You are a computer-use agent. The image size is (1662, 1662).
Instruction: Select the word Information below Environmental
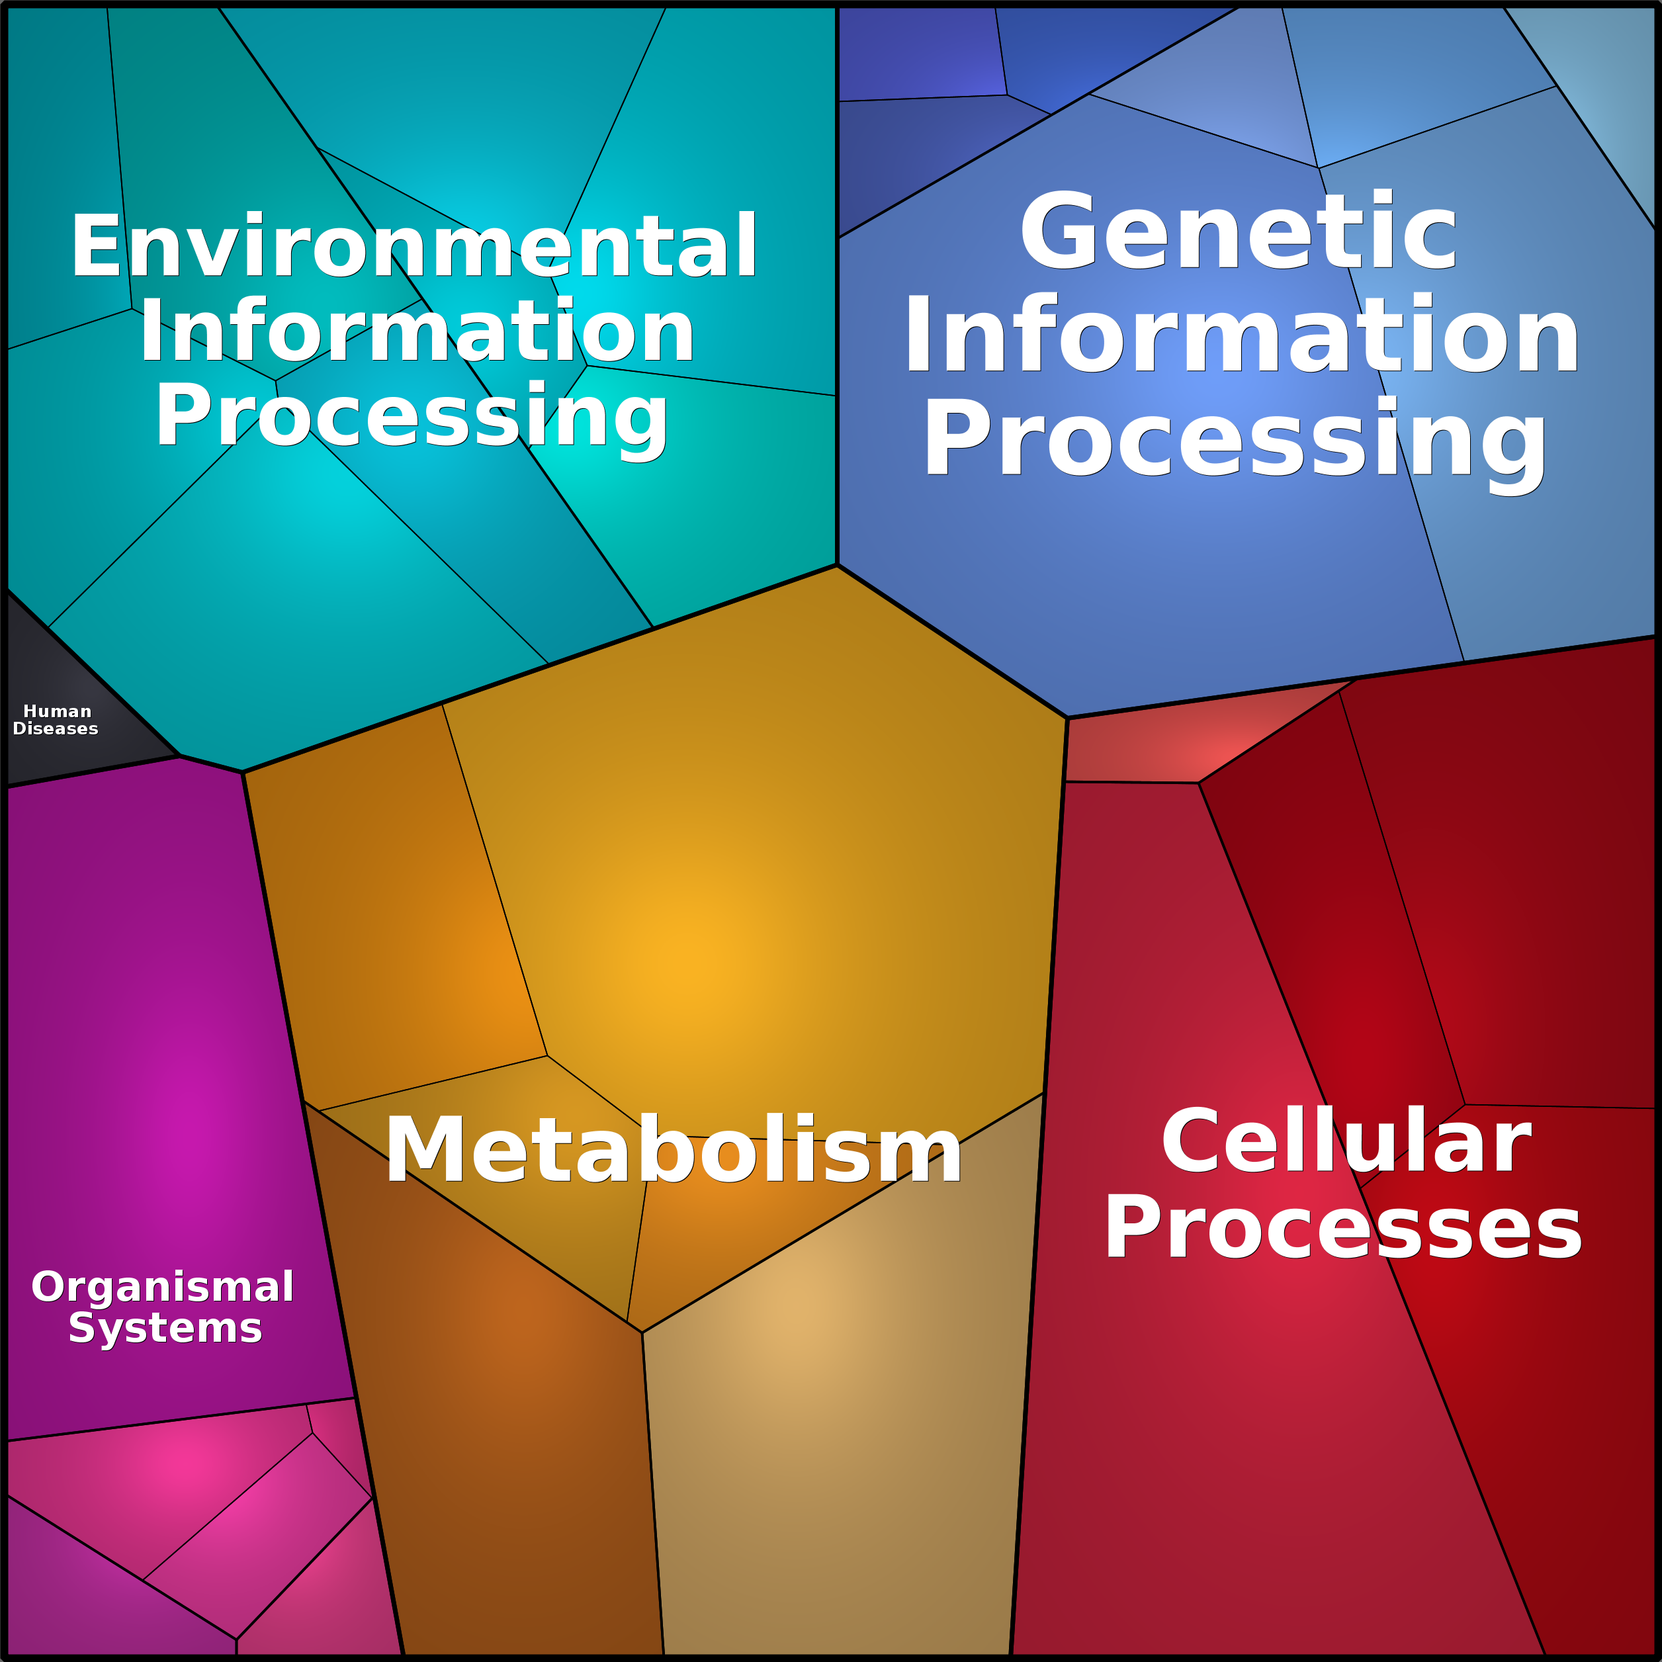click(x=417, y=332)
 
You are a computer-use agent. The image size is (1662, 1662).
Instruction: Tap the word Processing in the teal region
click(x=411, y=416)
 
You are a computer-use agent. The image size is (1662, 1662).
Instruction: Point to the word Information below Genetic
click(x=1241, y=335)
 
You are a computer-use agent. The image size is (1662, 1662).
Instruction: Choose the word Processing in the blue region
click(x=1235, y=439)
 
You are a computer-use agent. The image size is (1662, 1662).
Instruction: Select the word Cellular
click(x=1346, y=1143)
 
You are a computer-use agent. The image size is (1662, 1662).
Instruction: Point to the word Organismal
click(x=163, y=1287)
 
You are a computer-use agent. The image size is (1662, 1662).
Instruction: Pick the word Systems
click(x=165, y=1329)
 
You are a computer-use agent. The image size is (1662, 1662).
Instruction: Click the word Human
click(x=57, y=711)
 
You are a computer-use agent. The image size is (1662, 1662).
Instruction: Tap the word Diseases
click(x=56, y=728)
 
